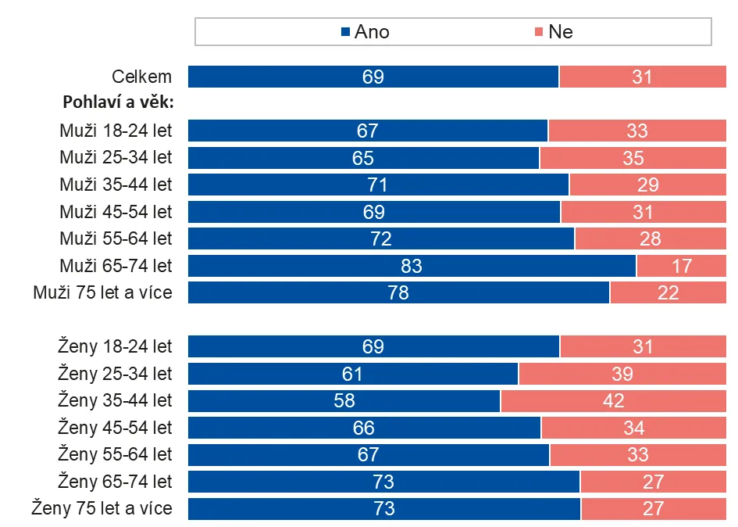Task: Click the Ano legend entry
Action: tap(365, 32)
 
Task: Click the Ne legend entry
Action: tap(553, 32)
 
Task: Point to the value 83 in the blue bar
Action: tap(412, 266)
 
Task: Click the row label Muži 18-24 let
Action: tap(116, 131)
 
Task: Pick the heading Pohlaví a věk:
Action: tap(117, 102)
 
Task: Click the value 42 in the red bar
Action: tap(614, 401)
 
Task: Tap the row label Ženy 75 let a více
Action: tap(102, 509)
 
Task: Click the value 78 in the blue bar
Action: tap(398, 293)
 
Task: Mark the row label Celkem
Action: tap(141, 77)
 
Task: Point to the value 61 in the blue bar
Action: tap(353, 374)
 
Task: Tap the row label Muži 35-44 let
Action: tap(116, 185)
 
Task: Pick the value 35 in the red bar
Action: tap(633, 158)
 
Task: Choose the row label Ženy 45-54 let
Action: tap(115, 428)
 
